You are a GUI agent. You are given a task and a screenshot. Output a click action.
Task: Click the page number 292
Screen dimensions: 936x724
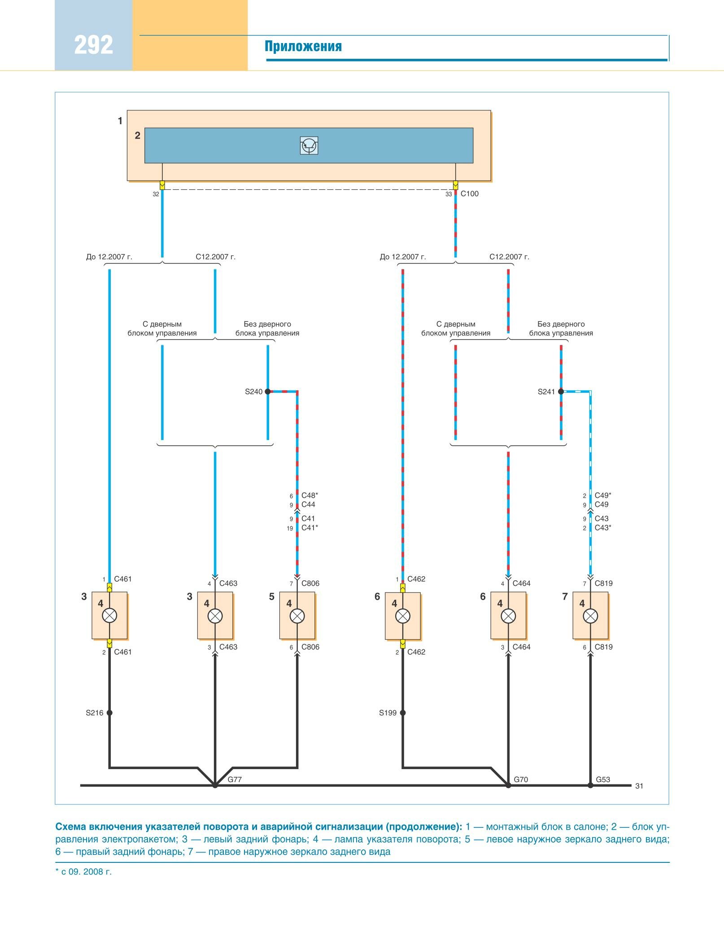[93, 45]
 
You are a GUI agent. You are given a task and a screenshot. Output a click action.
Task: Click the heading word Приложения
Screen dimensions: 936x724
[303, 47]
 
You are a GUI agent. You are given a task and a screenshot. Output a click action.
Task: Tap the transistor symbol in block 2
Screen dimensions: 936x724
[309, 145]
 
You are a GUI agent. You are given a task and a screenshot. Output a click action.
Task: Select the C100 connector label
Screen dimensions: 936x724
[470, 194]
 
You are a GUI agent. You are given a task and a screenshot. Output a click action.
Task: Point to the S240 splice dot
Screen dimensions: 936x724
[268, 392]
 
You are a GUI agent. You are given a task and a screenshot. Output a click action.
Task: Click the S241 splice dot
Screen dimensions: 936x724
[561, 392]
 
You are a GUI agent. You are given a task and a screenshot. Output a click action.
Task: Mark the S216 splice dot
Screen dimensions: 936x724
[109, 713]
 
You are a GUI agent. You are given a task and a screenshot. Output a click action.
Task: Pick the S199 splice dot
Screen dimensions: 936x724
[403, 713]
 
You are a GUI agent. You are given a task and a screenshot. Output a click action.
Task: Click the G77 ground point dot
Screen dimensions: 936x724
[215, 785]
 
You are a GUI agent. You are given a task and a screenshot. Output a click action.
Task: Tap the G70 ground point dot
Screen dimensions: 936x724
[508, 785]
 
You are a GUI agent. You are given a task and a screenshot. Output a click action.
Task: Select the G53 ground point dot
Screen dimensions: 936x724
[590, 785]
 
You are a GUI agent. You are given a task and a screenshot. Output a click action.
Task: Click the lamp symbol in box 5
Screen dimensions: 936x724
[297, 616]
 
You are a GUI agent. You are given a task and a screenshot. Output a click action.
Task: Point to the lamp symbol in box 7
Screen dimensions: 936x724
[590, 616]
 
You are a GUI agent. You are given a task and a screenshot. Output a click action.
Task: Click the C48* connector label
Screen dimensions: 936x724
[310, 496]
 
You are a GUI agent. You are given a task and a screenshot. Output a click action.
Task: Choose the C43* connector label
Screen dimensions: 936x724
[603, 528]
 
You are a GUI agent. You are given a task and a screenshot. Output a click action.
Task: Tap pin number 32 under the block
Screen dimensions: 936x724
[156, 194]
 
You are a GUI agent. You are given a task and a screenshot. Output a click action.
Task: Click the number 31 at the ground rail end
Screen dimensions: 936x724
[639, 786]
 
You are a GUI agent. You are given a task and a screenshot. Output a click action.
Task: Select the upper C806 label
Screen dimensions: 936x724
[310, 583]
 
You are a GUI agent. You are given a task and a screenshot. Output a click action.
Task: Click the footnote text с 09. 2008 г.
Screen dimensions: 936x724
[86, 872]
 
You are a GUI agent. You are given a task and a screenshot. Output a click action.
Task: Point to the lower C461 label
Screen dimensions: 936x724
[123, 652]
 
